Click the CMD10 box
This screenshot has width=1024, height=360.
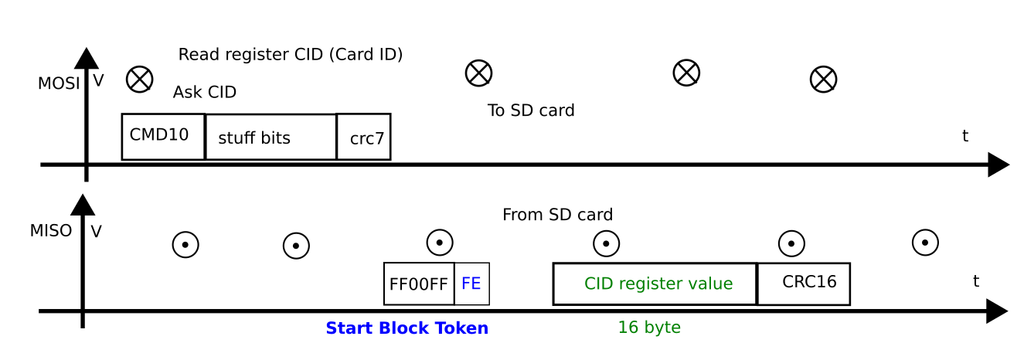point(163,137)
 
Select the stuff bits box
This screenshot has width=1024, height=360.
point(270,138)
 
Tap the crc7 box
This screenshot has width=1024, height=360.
point(364,138)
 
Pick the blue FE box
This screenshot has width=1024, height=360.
point(471,284)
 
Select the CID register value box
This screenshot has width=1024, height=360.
point(655,284)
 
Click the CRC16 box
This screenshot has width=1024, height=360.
point(804,284)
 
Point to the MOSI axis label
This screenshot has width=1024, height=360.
point(59,83)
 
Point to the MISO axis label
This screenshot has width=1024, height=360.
point(51,231)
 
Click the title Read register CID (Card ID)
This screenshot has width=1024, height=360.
point(291,55)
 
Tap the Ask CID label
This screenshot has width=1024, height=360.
point(205,93)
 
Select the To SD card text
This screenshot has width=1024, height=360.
point(531,110)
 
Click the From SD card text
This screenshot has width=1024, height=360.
point(557,215)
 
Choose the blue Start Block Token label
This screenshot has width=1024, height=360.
point(407,328)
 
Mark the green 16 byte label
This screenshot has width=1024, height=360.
point(649,328)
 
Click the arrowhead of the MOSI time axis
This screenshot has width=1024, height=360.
point(998,165)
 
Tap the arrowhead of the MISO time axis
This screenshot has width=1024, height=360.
point(997,311)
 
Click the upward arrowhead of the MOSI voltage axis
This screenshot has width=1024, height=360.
point(86,58)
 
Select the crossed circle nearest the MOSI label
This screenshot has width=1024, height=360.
point(139,79)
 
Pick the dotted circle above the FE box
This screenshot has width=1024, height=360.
point(440,242)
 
